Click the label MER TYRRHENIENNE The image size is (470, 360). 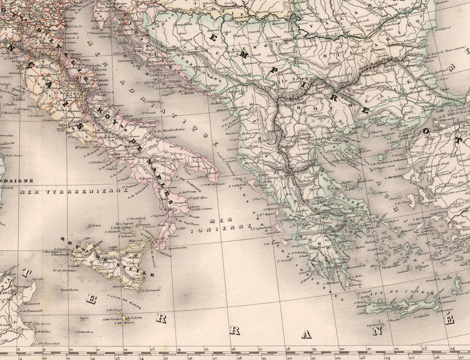(73, 192)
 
